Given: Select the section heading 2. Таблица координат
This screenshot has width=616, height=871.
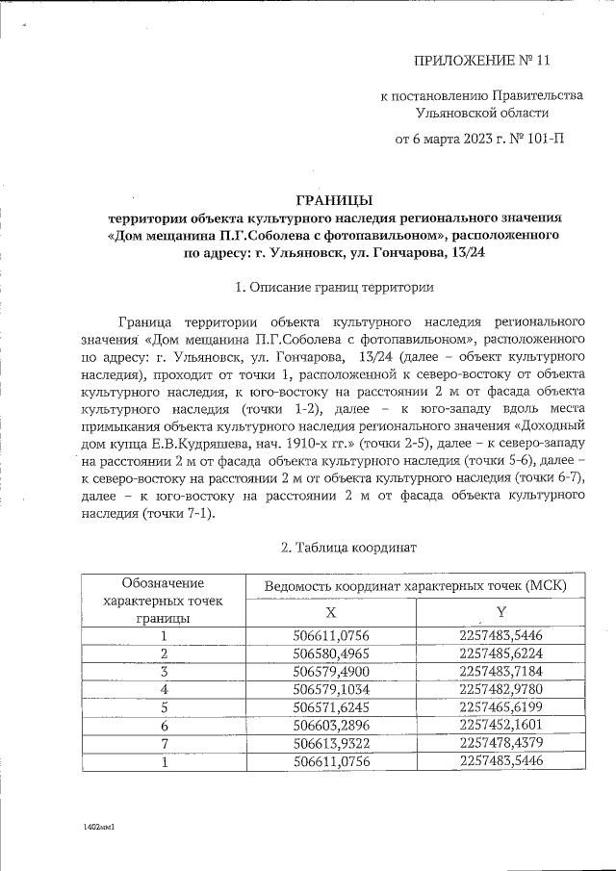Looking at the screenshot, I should (x=334, y=548).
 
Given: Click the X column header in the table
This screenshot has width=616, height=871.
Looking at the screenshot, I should (x=330, y=612).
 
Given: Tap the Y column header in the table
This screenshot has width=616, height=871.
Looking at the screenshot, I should (x=500, y=612).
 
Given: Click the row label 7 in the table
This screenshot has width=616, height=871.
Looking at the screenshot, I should (x=164, y=743).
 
